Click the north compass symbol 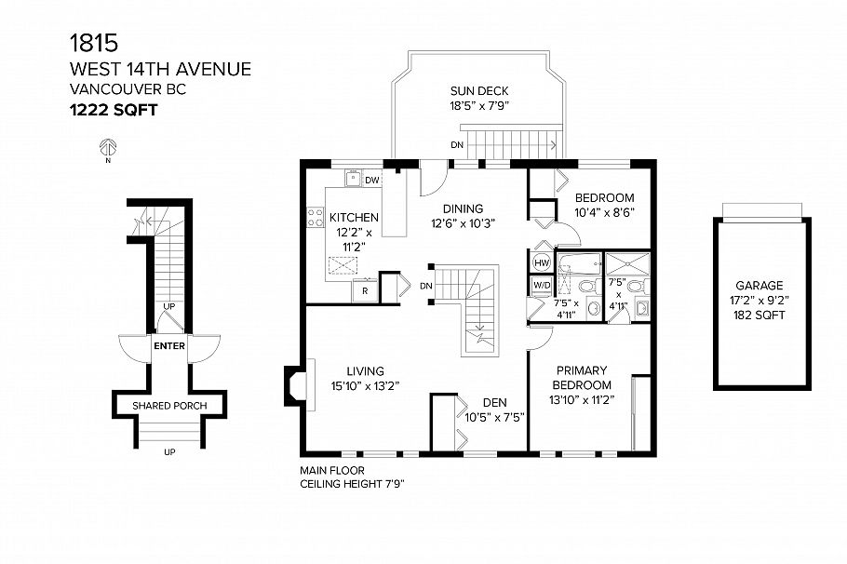108,146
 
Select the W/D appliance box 541,284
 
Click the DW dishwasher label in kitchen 371,181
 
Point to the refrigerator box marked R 364,290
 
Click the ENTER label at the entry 168,347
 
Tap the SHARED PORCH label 168,406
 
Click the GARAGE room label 759,286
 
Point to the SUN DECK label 479,91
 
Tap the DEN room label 493,403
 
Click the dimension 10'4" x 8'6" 604,212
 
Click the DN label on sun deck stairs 456,145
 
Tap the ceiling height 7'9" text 352,484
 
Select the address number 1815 94,42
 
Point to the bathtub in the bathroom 578,260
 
